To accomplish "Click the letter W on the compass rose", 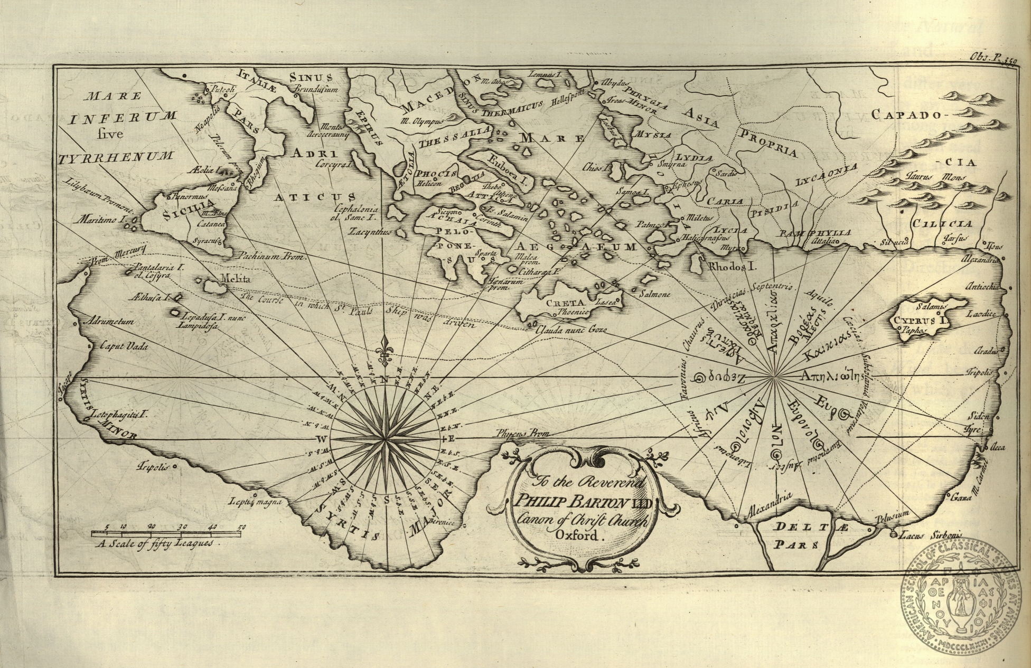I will pyautogui.click(x=321, y=439).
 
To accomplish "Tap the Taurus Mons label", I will pyautogui.click(x=929, y=177).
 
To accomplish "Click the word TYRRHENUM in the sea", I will pyautogui.click(x=116, y=157).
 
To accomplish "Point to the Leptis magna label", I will pyautogui.click(x=256, y=502).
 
